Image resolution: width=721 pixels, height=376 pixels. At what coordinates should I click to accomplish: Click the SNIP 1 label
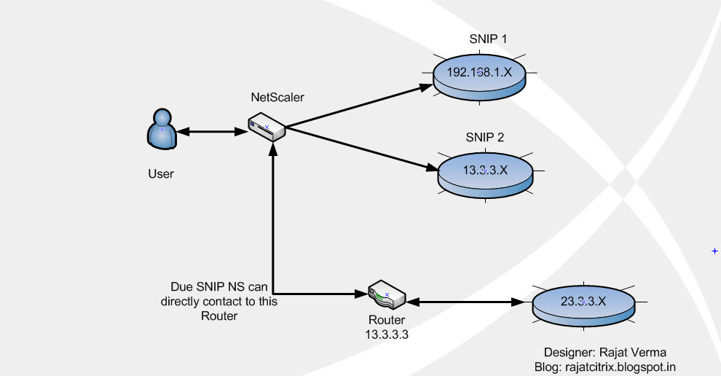[x=489, y=38]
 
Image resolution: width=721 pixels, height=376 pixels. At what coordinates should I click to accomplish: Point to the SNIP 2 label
[x=485, y=137]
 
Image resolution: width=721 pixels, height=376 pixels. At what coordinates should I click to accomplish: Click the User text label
[x=161, y=173]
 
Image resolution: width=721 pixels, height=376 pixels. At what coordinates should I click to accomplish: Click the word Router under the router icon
[x=386, y=321]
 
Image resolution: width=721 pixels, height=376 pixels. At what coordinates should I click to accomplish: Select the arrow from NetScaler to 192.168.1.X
[x=357, y=108]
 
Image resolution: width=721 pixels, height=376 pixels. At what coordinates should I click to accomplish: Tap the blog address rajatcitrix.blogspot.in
[x=604, y=367]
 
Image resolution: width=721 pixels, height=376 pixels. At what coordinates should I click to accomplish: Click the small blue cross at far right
[x=714, y=251]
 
